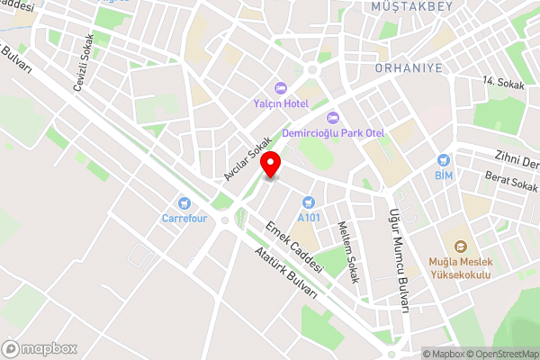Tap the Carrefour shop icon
[184, 202]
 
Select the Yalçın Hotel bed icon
[280, 88]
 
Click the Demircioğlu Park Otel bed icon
[332, 117]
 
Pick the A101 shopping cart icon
[309, 202]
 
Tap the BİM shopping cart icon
[443, 158]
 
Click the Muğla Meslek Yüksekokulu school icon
[460, 246]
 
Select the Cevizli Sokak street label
[83, 63]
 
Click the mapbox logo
[40, 348]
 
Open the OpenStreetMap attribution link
[500, 353]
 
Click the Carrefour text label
[184, 218]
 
